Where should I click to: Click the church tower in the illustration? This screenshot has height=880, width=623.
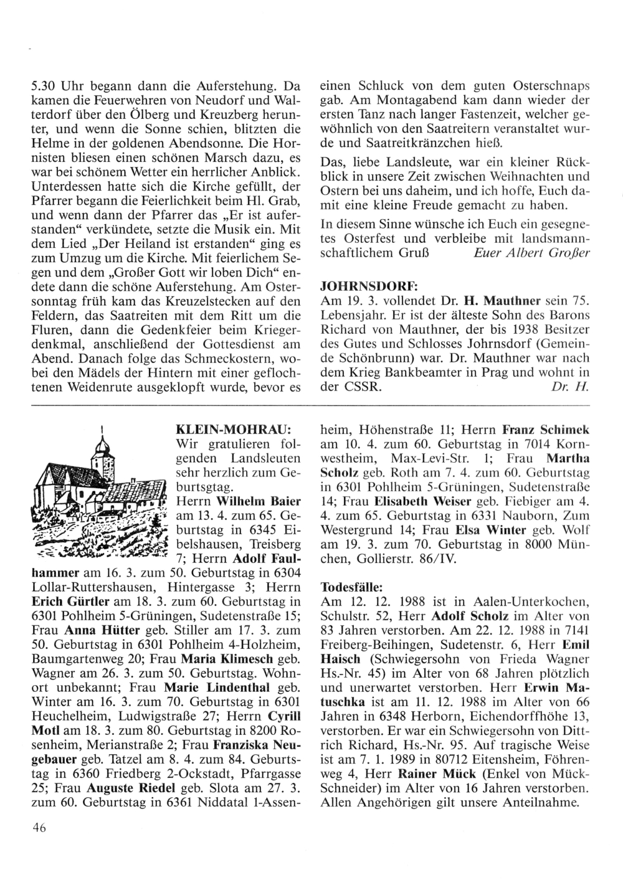(102, 461)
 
